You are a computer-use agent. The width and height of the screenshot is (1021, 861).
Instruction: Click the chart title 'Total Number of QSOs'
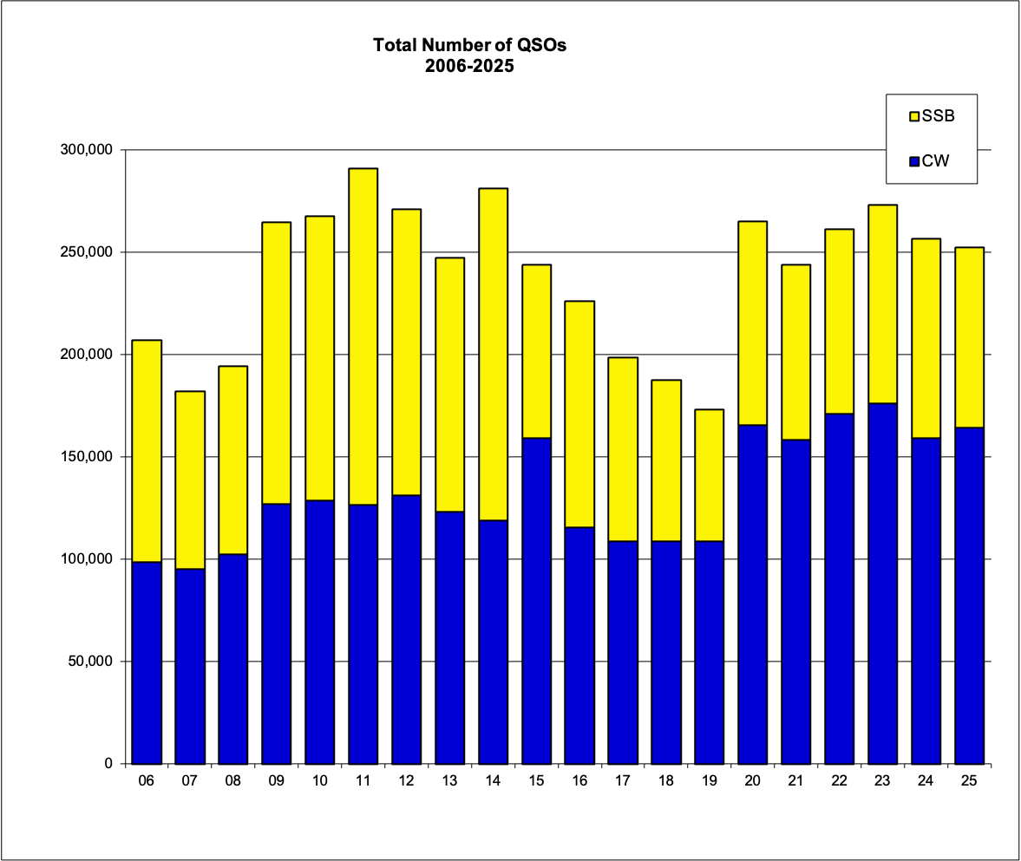[469, 45]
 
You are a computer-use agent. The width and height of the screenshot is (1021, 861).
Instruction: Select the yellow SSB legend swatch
[913, 116]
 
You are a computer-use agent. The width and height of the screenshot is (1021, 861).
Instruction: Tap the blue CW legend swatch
[913, 160]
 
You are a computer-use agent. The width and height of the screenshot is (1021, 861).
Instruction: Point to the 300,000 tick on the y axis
[90, 150]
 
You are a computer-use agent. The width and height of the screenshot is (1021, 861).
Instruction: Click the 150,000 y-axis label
[90, 457]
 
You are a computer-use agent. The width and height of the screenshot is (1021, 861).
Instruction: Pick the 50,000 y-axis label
[94, 662]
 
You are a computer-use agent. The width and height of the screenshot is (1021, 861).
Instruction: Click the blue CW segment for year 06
[147, 662]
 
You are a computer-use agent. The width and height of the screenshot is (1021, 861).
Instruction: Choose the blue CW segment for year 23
[882, 583]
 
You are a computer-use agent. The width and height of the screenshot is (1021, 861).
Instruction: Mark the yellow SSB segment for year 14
[493, 354]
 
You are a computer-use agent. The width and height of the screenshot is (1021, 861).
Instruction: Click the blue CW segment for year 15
[536, 600]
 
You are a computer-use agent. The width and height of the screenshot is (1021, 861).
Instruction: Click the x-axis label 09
[277, 781]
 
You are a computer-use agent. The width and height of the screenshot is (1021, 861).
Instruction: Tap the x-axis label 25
[969, 781]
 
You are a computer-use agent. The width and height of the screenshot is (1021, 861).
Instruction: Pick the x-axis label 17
[623, 781]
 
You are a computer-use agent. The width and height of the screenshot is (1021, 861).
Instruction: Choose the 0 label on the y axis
[108, 764]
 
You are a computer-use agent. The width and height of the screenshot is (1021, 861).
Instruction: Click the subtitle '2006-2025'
[469, 66]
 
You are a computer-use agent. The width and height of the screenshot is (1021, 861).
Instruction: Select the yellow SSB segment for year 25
[969, 337]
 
